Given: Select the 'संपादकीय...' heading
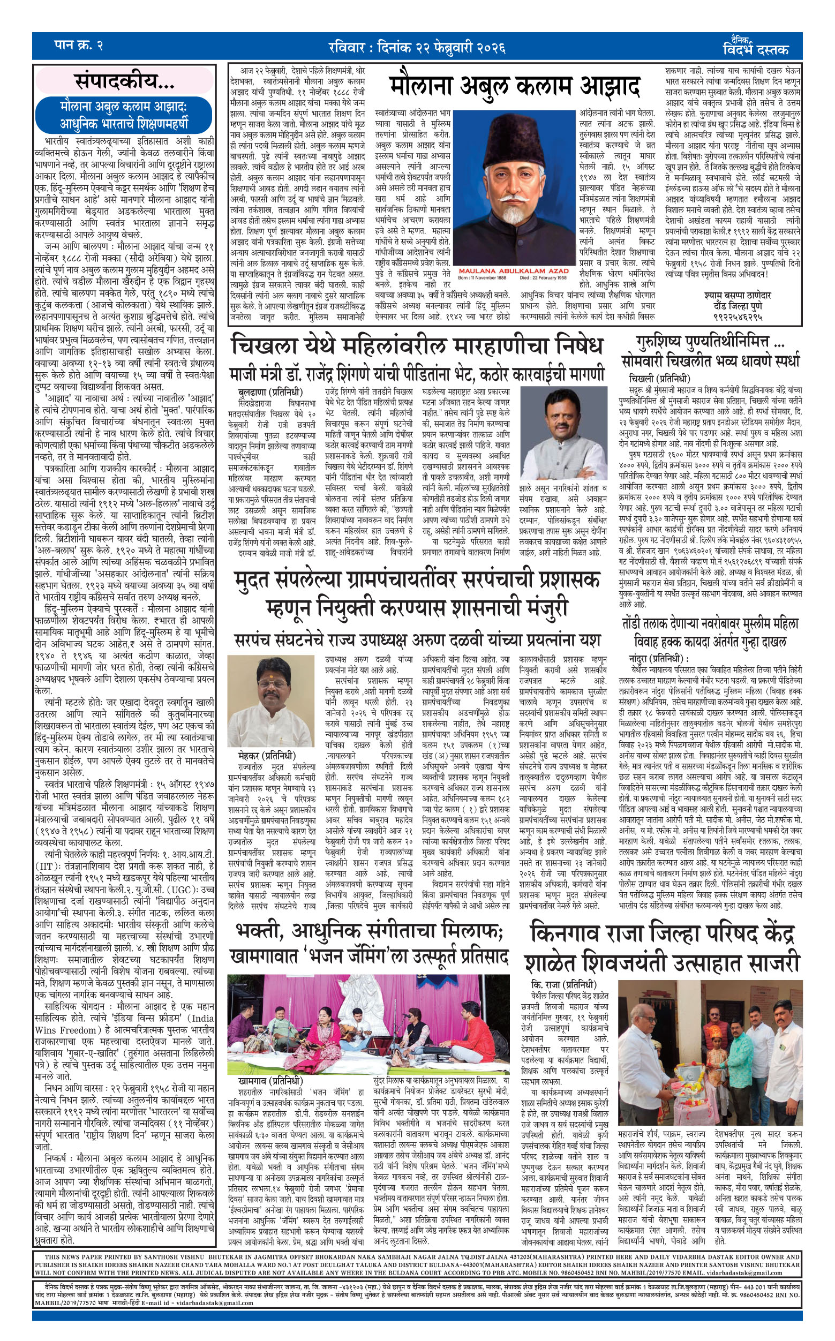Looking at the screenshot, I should pyautogui.click(x=125, y=82).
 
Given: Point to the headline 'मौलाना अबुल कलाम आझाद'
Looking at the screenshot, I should pyautogui.click(x=514, y=87).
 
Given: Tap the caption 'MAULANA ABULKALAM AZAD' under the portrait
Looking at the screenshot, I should pyautogui.click(x=513, y=272).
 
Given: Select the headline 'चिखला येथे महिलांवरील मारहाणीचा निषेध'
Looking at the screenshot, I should pyautogui.click(x=417, y=346).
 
